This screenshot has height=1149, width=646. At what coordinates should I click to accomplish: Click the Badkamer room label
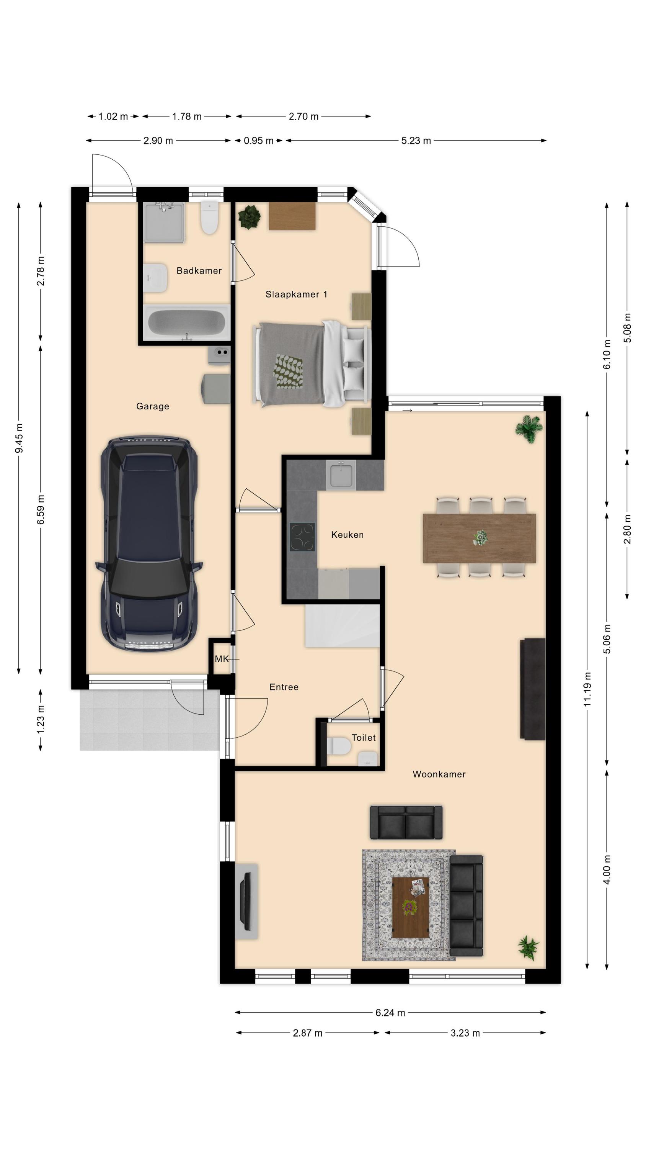(x=199, y=270)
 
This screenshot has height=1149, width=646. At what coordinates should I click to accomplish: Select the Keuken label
(x=347, y=534)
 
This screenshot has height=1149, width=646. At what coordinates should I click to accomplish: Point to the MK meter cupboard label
(x=222, y=659)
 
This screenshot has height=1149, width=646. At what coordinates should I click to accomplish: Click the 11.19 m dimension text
(x=587, y=689)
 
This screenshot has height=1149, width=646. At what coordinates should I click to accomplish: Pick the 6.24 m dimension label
(x=390, y=1013)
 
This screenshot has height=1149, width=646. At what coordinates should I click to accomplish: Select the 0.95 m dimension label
(x=259, y=141)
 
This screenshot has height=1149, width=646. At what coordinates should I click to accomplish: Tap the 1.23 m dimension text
(x=41, y=719)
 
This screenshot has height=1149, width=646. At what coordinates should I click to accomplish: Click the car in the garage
(x=149, y=544)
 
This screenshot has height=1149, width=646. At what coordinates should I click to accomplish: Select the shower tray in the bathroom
(x=164, y=223)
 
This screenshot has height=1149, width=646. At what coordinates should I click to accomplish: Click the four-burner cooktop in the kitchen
(x=302, y=537)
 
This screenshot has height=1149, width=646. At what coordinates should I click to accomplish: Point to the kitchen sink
(x=341, y=475)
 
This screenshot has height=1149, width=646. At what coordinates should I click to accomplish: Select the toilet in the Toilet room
(x=339, y=746)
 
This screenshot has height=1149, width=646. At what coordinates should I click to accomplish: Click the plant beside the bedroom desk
(x=249, y=217)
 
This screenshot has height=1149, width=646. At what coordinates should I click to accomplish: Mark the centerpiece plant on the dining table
(x=480, y=537)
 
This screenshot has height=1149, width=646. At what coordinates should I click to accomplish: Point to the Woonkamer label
(x=439, y=774)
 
